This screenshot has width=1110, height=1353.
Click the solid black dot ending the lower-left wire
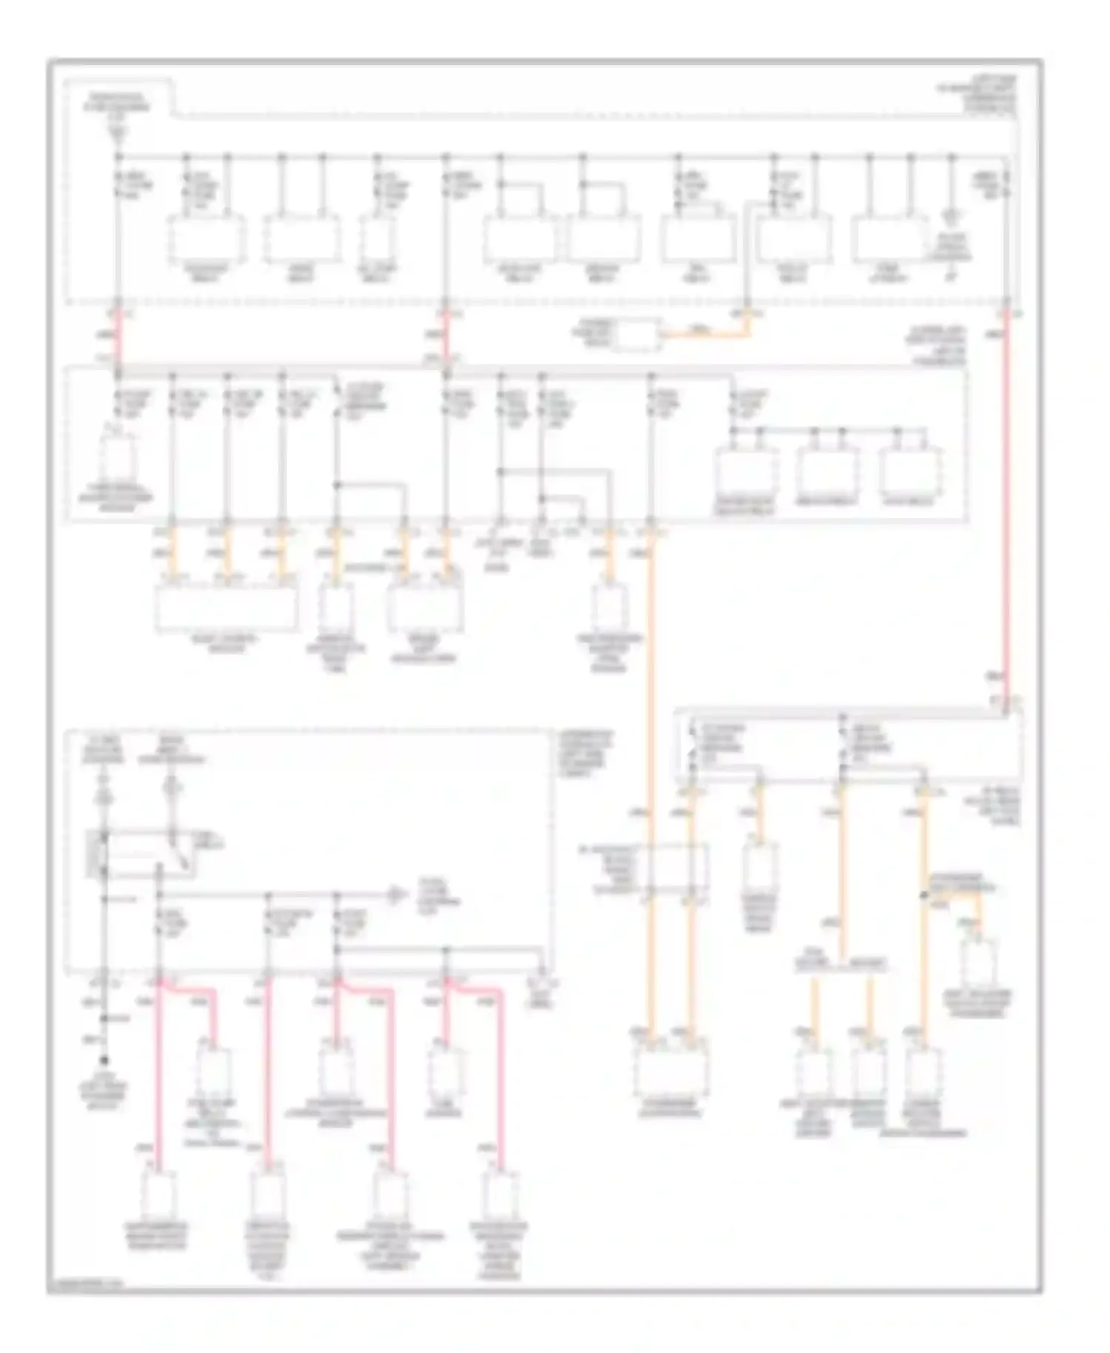[104, 1060]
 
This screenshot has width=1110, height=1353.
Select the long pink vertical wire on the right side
[1006, 503]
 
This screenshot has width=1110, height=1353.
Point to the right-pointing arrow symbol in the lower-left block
[397, 896]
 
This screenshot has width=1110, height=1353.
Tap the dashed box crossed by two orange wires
[670, 868]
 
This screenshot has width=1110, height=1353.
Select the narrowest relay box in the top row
[377, 240]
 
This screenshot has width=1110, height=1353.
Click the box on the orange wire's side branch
[979, 964]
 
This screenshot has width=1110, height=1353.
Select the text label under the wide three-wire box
[226, 644]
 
